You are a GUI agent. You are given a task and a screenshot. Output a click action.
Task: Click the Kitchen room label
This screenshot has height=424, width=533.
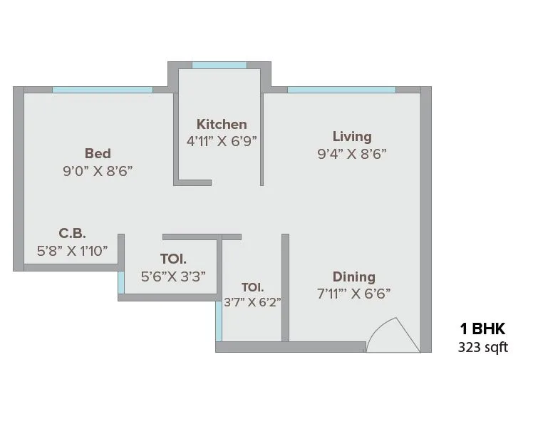pos(222,125)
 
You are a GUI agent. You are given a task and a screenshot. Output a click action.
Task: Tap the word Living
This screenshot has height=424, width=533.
pos(352,137)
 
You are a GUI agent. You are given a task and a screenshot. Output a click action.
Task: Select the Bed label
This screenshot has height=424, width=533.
pos(98,153)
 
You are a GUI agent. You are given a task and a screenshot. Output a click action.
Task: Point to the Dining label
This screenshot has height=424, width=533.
pos(354,277)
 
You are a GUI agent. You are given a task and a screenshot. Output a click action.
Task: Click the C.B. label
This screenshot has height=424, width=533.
pos(72,234)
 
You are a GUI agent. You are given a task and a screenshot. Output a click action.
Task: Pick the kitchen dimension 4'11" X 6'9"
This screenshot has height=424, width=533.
pos(222,141)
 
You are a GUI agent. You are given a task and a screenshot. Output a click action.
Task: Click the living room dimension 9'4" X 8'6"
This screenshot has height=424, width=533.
pos(352,154)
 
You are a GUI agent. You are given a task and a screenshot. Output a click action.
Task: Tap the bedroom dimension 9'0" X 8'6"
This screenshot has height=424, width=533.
pos(98,171)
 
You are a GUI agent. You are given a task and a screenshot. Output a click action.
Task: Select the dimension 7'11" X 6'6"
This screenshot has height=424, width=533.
pos(354,294)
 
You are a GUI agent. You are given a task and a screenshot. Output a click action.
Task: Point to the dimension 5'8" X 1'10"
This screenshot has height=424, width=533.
pos(72,251)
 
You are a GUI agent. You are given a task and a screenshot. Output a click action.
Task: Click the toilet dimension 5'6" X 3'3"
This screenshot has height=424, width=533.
pos(173,276)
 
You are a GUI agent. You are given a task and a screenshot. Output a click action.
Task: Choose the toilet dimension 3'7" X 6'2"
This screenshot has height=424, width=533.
pos(252,302)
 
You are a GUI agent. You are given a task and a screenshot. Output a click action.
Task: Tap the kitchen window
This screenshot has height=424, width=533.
pos(219,66)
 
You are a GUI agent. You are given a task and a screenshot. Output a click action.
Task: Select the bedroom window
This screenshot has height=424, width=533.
pos(103,90)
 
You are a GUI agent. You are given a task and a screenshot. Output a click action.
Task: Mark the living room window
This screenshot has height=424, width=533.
pos(341,90)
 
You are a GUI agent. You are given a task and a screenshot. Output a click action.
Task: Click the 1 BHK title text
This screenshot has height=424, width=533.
pos(482,329)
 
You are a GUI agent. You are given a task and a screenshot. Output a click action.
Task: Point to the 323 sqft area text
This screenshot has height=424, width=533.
pos(482,348)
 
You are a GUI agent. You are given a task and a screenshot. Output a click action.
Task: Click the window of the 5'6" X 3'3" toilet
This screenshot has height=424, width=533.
pos(121,283)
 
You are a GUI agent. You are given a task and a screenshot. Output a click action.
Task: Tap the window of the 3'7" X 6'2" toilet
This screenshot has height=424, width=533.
pos(219,321)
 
